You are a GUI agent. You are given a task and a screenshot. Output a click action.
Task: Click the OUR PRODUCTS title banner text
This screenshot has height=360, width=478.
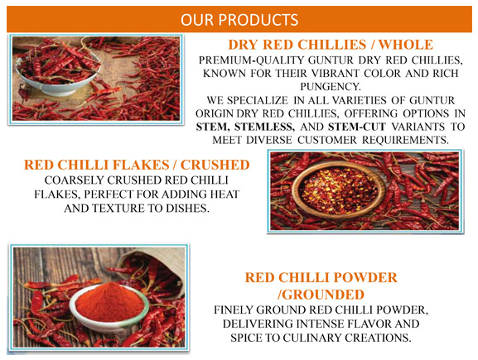tap(239, 17)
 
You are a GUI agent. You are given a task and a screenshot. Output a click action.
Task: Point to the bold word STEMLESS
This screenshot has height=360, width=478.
tap(265, 127)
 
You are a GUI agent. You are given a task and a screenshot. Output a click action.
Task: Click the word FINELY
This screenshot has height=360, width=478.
tap(239, 310)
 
